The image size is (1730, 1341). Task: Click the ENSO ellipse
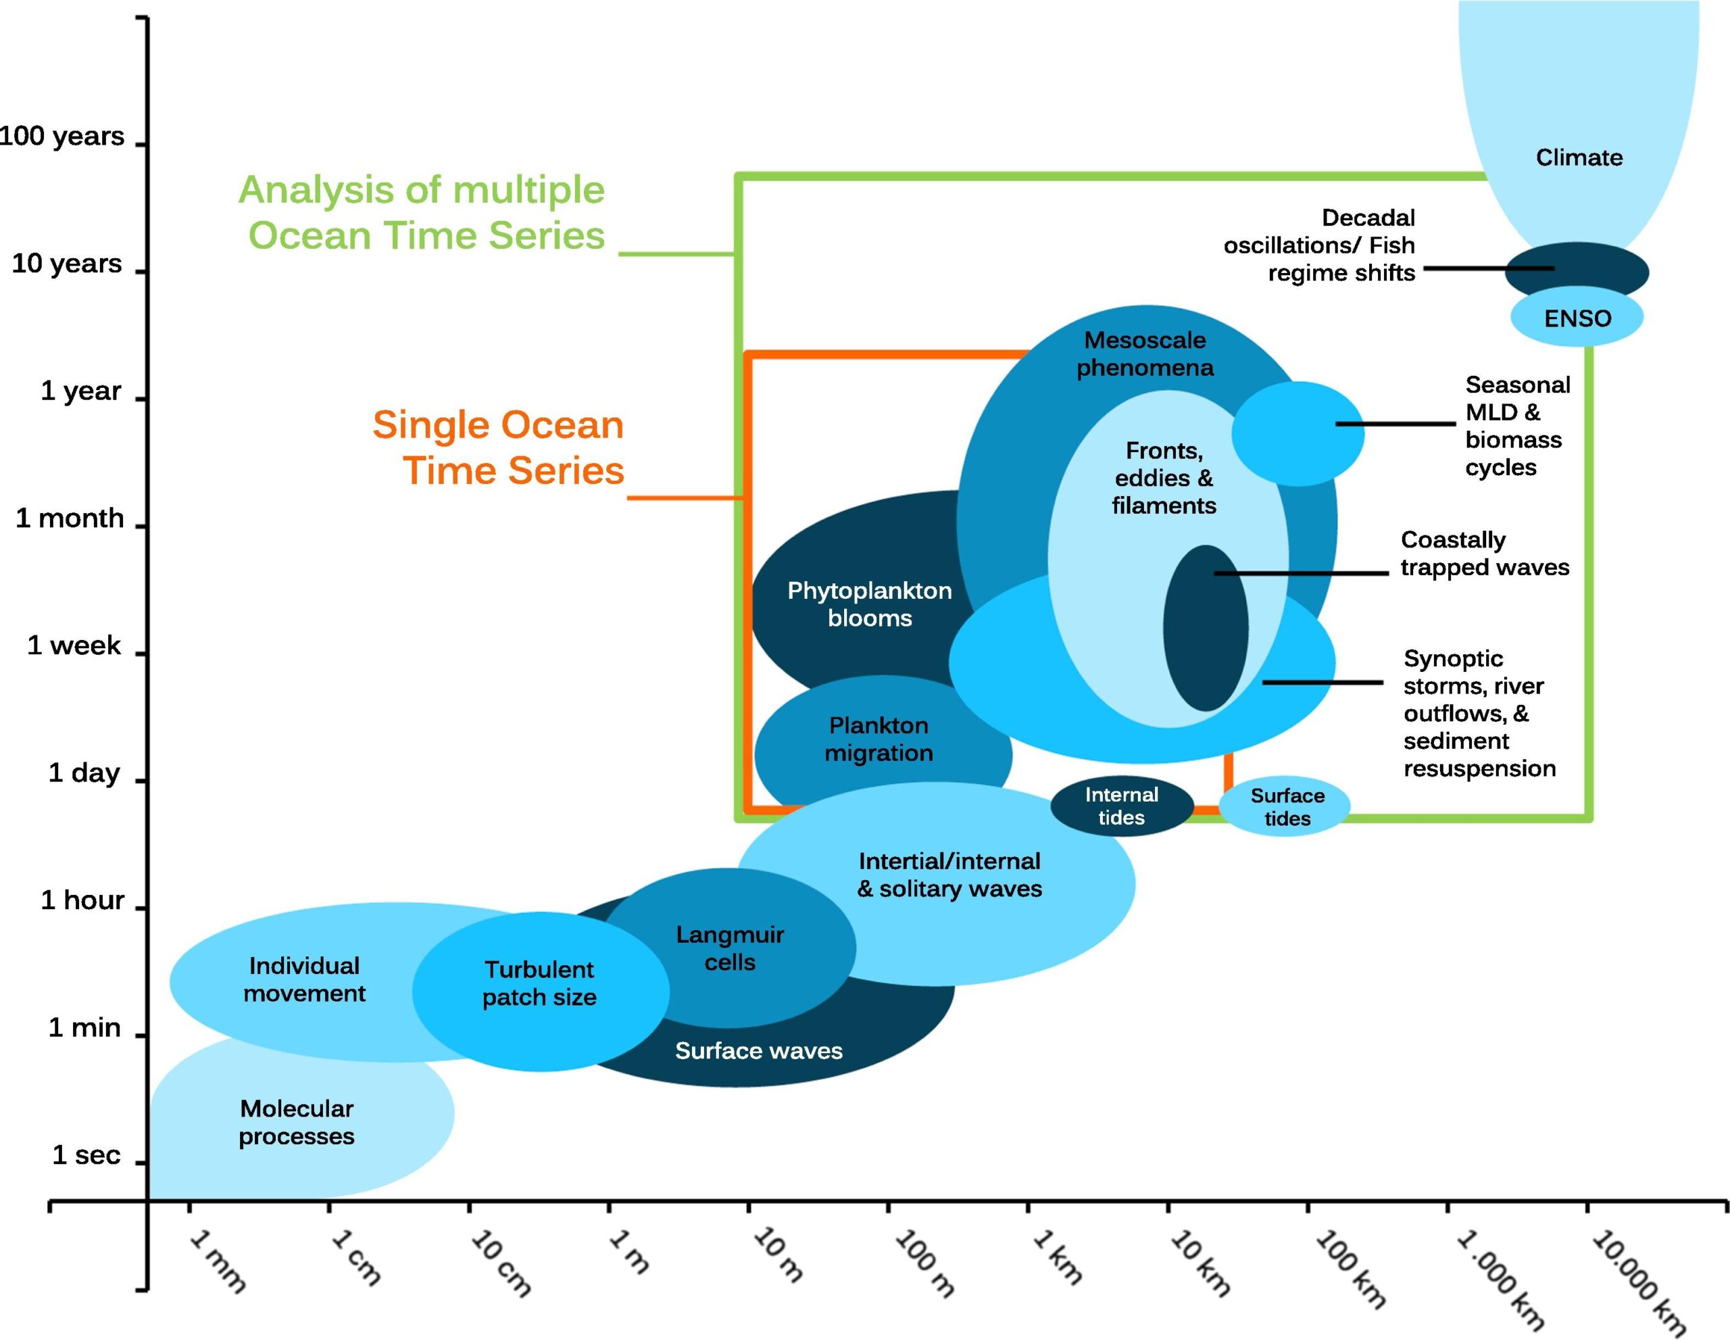click(x=1577, y=317)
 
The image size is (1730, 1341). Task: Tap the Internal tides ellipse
click(x=1121, y=806)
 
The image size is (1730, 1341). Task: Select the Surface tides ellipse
click(x=1287, y=807)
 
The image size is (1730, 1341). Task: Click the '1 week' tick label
click(x=74, y=645)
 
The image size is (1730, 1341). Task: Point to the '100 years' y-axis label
click(x=61, y=137)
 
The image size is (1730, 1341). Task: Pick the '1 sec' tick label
click(x=86, y=1155)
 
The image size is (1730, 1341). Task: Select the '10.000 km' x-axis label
click(x=1637, y=1281)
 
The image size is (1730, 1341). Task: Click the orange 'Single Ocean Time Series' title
click(x=499, y=447)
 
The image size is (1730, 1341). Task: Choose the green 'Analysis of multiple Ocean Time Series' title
click(x=422, y=212)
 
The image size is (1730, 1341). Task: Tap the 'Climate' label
click(x=1579, y=157)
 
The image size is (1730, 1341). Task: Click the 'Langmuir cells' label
click(x=730, y=948)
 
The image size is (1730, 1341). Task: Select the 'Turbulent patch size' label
click(x=539, y=983)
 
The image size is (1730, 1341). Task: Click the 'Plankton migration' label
click(x=879, y=739)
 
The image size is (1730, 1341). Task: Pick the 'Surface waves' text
click(x=758, y=1051)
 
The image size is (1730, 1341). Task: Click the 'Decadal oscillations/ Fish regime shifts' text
click(x=1320, y=245)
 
